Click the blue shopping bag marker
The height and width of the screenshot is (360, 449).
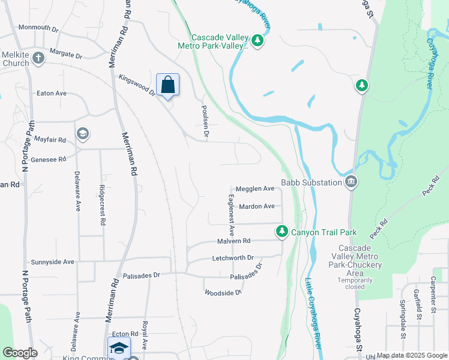click(x=168, y=85)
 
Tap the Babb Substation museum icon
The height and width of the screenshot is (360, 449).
click(x=351, y=181)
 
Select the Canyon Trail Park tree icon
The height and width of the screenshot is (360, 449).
click(x=282, y=232)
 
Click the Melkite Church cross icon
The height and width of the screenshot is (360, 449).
click(x=38, y=58)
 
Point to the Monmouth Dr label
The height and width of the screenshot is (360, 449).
click(x=38, y=28)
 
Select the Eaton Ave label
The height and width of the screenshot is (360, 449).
click(x=52, y=94)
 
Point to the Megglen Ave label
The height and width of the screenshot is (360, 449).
click(x=255, y=188)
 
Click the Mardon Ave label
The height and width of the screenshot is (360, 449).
click(x=256, y=206)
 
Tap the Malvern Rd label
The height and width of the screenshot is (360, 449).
click(x=234, y=241)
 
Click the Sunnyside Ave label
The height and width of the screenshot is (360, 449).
click(x=52, y=262)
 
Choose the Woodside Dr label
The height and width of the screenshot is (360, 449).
click(x=223, y=293)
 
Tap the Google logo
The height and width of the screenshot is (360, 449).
click(x=20, y=353)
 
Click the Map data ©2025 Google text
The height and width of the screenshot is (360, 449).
click(x=411, y=356)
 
